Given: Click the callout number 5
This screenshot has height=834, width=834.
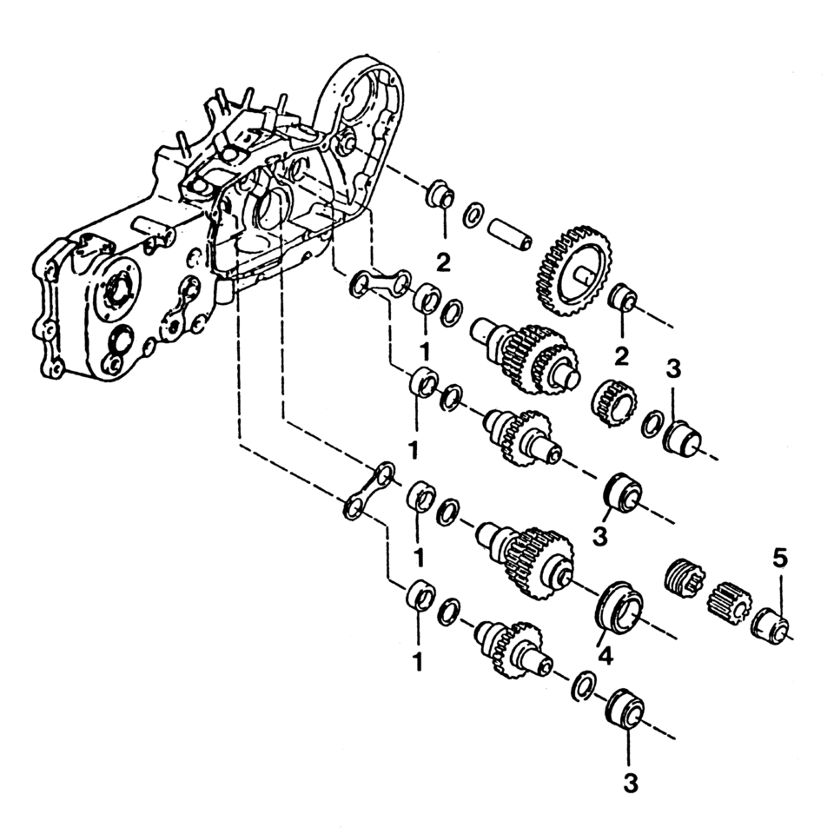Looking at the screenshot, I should coord(780,558).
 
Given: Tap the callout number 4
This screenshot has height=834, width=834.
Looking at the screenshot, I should coord(605,657).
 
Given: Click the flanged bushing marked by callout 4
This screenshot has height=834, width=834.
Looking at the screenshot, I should coord(618,606).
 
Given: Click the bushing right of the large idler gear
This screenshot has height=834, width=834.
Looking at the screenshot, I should coord(623,301).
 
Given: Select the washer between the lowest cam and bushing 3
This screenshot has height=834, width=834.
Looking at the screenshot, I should coord(585,684).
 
